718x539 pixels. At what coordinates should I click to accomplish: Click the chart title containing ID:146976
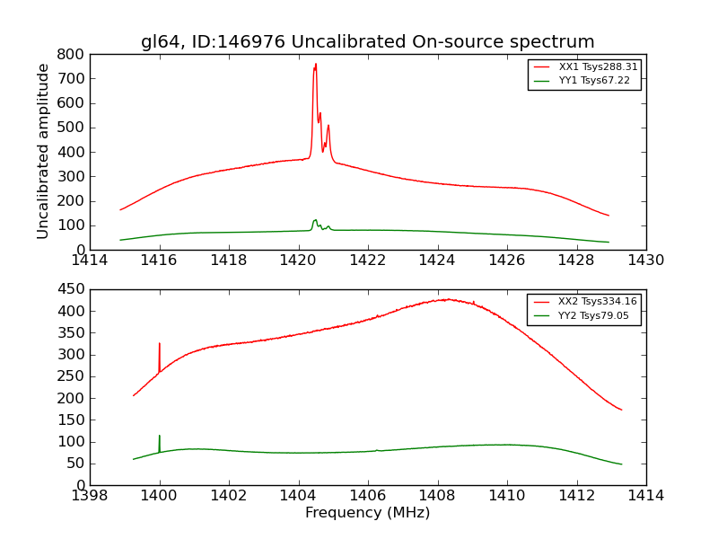[x=367, y=42]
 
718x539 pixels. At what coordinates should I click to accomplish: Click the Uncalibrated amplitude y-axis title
[x=43, y=151]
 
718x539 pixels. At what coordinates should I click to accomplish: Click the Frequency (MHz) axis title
[x=367, y=513]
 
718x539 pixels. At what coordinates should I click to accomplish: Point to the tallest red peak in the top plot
[x=315, y=65]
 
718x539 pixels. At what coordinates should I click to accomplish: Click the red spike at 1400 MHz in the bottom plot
[x=160, y=344]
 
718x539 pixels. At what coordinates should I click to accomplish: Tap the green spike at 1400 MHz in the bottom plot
[x=160, y=437]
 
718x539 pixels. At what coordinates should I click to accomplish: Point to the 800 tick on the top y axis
[x=71, y=54]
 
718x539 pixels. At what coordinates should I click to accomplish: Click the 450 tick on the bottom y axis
[x=71, y=289]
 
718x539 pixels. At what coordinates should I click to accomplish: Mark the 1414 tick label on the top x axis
[x=90, y=261]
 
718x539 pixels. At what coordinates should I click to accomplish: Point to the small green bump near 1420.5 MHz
[x=315, y=220]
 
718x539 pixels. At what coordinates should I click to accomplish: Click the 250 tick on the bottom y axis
[x=71, y=376]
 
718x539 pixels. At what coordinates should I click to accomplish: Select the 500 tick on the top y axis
[x=71, y=128]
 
